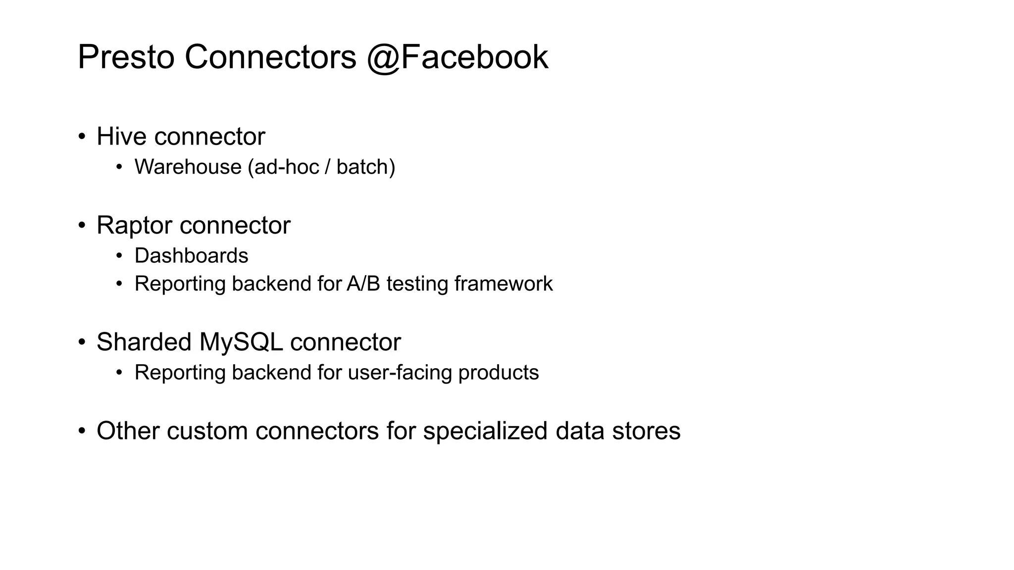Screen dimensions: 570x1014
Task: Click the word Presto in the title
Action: (x=126, y=57)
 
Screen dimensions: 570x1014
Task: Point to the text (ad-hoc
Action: (x=283, y=167)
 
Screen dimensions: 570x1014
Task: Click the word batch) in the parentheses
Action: (x=365, y=167)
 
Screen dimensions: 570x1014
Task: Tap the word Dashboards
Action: (x=191, y=256)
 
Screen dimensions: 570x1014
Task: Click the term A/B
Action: (x=363, y=284)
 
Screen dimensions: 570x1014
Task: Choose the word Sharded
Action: (x=144, y=342)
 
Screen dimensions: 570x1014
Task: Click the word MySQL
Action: (x=241, y=342)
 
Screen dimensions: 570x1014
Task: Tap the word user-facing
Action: (x=400, y=373)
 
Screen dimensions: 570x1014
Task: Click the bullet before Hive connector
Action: (x=82, y=137)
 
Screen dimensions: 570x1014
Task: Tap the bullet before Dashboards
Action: (x=119, y=256)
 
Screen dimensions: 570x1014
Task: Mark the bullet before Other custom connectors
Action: (x=82, y=430)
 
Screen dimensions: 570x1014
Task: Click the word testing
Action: (x=417, y=284)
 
